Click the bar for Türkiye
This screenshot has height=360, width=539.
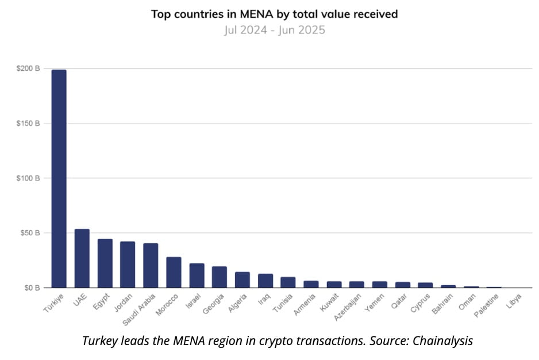59,178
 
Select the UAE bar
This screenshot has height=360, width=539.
82,258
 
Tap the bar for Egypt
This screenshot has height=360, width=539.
105,263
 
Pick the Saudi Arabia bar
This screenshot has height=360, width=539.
151,265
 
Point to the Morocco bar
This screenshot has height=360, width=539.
174,272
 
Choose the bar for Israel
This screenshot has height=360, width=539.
197,275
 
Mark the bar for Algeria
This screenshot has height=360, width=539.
242,279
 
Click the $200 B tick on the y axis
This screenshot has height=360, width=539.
28,69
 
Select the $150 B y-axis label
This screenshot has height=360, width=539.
28,124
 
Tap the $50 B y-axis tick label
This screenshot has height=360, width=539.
30,233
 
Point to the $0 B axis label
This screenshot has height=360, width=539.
32,288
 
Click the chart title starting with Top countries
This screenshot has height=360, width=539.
274,13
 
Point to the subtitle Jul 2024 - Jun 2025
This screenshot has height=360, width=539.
274,29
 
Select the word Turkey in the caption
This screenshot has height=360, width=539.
100,340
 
